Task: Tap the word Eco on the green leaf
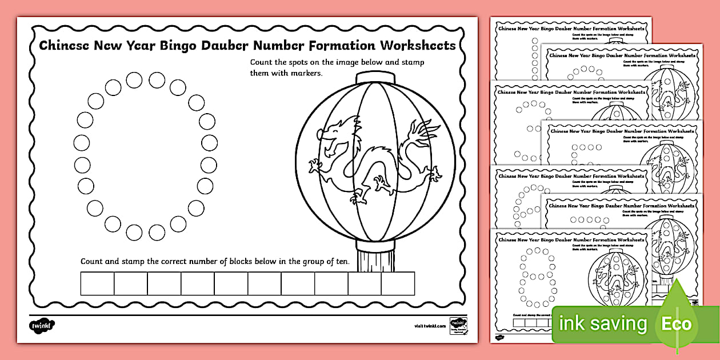point(677,324)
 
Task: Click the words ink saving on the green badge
point(603,324)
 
